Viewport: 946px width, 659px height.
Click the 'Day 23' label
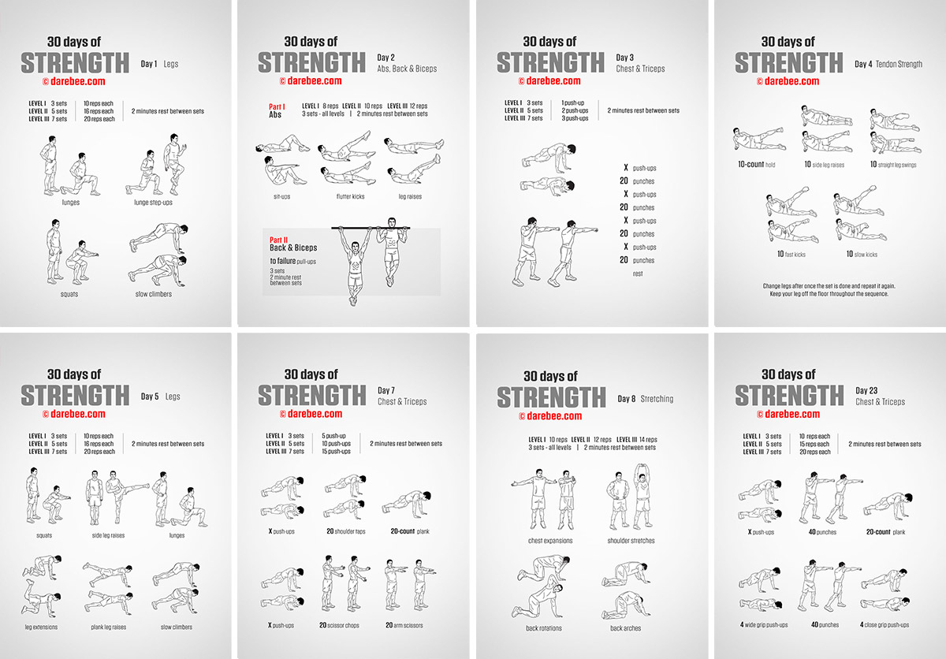866,390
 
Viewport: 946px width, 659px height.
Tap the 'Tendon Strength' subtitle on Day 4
899,64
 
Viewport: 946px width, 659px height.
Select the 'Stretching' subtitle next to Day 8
657,399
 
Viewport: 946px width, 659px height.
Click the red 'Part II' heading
279,240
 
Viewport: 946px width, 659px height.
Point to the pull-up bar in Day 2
371,228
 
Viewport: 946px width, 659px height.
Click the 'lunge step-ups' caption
153,203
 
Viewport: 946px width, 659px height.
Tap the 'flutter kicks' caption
350,196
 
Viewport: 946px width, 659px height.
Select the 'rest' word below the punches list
638,274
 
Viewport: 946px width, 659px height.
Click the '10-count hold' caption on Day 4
756,164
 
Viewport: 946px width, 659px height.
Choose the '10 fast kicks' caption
791,254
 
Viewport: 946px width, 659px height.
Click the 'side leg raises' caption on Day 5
108,535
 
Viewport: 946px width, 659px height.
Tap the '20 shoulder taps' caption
346,531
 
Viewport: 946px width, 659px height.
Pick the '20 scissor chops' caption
339,625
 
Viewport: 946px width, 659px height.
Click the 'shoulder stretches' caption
631,541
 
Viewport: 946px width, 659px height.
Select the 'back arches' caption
625,628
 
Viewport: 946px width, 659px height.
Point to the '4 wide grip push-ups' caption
764,625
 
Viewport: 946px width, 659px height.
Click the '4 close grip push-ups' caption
885,625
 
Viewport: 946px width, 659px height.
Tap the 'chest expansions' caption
550,541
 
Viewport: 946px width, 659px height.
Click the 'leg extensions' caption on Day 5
41,627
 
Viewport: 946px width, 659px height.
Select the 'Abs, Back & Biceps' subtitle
407,69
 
